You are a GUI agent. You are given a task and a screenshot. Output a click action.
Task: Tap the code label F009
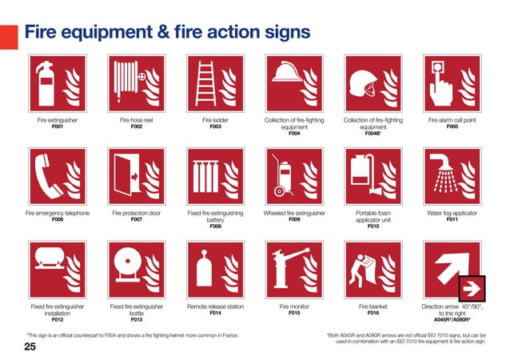click(x=294, y=219)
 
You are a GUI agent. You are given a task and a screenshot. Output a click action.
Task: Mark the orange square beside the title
click(x=8, y=36)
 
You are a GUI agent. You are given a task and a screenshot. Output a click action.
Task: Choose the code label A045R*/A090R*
click(x=453, y=320)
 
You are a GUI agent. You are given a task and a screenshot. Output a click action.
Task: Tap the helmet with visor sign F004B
click(x=373, y=82)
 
